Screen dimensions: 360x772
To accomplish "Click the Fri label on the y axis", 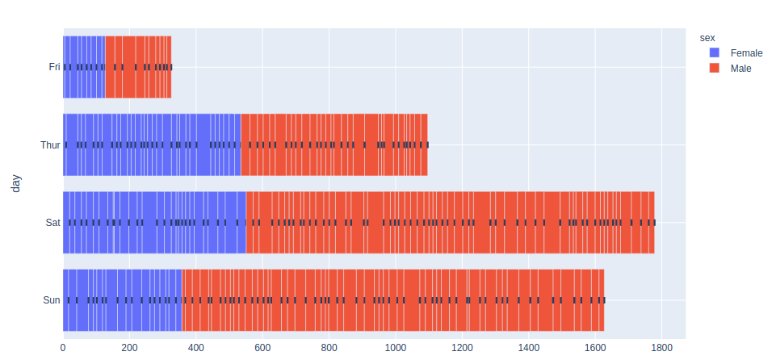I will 54,67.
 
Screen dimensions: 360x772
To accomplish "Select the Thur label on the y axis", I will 50,145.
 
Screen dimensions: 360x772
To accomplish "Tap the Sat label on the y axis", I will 52,223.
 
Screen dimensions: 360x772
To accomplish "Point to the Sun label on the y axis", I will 52,300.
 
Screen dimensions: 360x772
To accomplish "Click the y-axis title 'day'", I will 16,183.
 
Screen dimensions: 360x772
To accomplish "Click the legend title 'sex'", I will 707,37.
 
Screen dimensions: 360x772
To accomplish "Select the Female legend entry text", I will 746,52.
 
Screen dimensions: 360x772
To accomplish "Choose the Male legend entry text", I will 741,69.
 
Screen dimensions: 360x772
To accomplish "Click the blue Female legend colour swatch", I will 715,52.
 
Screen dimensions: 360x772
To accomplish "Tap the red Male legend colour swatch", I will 715,69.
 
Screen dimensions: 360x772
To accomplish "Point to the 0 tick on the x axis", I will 63,347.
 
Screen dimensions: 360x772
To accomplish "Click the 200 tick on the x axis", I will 129,347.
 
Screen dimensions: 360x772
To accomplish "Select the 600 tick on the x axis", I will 262,347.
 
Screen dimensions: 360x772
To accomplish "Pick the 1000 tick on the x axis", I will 396,347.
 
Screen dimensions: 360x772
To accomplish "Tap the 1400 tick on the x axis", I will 528,347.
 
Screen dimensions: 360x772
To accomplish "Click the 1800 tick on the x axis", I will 661,347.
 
